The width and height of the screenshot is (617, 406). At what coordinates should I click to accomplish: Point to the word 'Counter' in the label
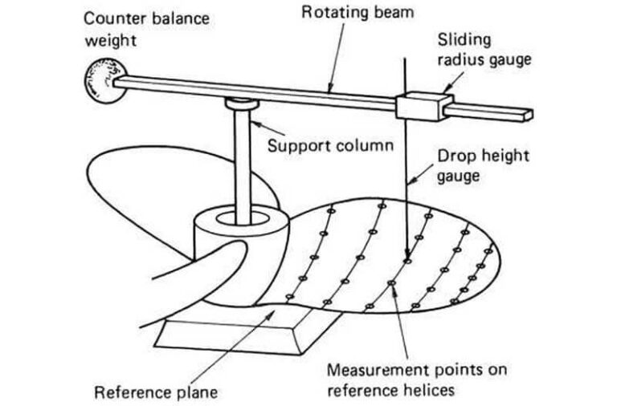pos(113,16)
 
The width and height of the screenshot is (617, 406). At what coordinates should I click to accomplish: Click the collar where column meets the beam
pos(240,103)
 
